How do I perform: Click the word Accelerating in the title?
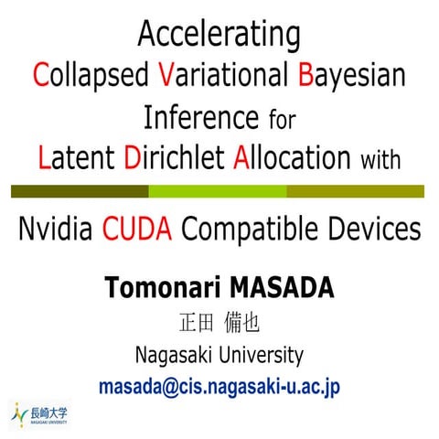point(219,36)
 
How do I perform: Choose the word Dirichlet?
point(174,157)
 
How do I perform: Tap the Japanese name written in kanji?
point(219,323)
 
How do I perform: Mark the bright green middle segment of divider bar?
point(218,191)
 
